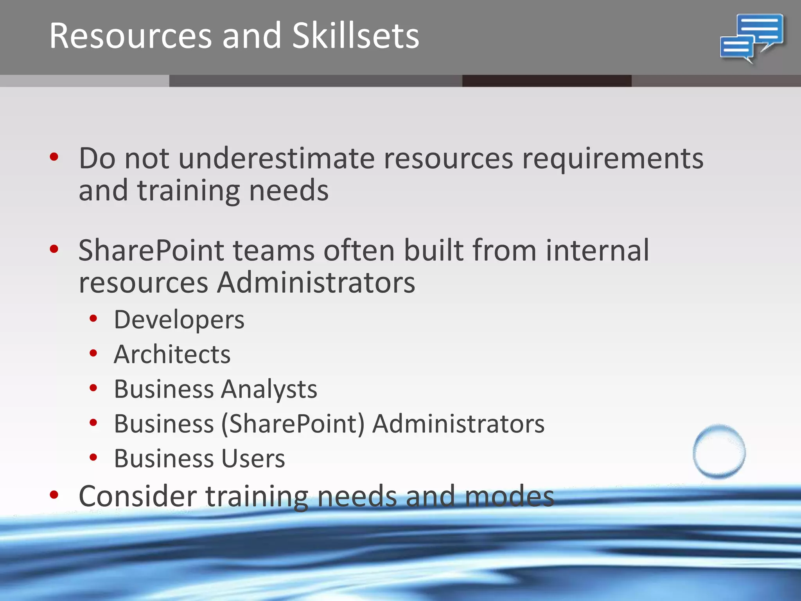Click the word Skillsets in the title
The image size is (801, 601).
356,36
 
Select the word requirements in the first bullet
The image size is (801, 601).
612,159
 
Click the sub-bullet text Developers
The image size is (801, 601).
179,320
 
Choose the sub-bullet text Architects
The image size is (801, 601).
172,354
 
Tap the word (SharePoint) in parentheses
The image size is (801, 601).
293,424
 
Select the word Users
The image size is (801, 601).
253,459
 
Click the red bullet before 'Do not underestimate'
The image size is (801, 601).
54,157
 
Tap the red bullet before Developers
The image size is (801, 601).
93,318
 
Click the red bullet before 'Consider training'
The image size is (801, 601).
54,495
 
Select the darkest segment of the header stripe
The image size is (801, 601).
546,81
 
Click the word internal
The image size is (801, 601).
597,250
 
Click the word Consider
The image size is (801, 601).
137,496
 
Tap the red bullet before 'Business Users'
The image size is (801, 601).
93,457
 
